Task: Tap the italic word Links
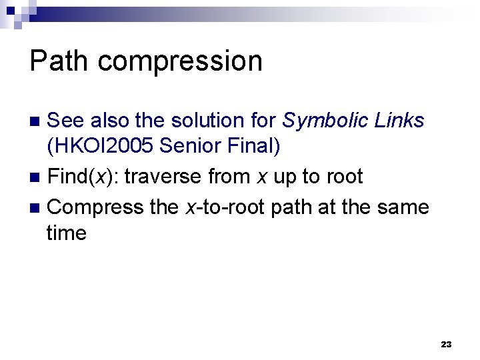[x=398, y=121]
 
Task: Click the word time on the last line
[x=67, y=233]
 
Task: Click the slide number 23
[x=446, y=345]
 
